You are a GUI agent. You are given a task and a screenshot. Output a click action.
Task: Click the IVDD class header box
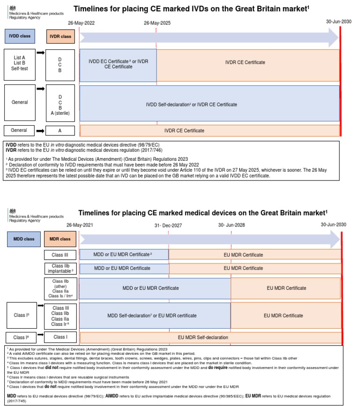click(x=20, y=36)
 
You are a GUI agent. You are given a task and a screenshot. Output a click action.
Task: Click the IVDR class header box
click(x=60, y=36)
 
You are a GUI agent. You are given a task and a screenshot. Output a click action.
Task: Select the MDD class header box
click(x=22, y=239)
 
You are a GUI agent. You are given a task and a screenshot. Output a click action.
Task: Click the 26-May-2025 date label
click(x=157, y=23)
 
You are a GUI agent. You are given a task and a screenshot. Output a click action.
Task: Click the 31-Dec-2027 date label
click(x=168, y=226)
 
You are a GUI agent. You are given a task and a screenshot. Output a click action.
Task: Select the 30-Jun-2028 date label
click(x=231, y=225)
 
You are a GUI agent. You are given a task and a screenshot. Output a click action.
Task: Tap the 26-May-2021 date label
click(x=80, y=225)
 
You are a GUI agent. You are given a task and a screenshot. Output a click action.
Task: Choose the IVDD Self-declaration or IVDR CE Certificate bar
click(x=210, y=104)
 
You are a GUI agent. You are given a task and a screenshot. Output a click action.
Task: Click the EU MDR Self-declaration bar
click(x=210, y=337)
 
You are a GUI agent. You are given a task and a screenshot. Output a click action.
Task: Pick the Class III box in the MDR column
click(x=60, y=255)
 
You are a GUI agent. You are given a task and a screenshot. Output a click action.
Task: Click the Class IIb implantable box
click(x=60, y=268)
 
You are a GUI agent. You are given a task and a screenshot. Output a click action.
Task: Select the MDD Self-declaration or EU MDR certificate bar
click(x=155, y=316)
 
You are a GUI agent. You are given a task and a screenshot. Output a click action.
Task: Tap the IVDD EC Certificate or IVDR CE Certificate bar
click(x=119, y=64)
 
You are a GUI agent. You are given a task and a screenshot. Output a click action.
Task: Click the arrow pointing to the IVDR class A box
click(x=40, y=131)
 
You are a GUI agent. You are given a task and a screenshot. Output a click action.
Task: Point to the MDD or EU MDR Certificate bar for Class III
click(x=124, y=255)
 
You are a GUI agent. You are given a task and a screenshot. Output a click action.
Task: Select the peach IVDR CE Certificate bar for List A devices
click(x=247, y=62)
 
